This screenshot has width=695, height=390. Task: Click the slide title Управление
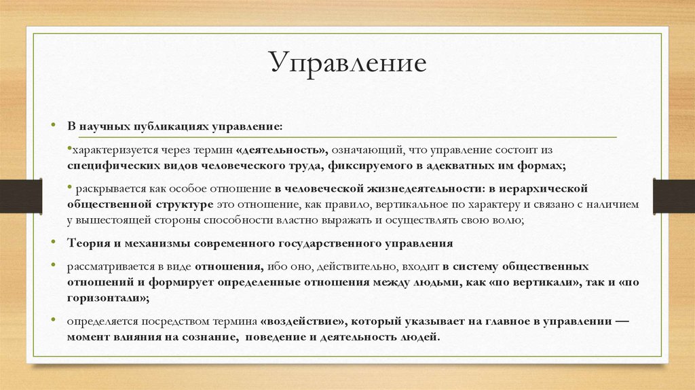[347, 63]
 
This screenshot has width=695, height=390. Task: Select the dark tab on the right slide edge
[674, 196]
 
